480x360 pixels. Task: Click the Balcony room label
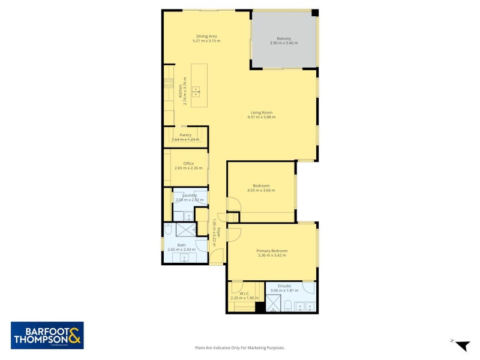pyautogui.click(x=284, y=37)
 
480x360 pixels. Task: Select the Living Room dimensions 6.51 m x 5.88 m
pyautogui.click(x=261, y=118)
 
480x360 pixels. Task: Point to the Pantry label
pyautogui.click(x=185, y=135)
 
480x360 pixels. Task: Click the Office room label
pyautogui.click(x=188, y=163)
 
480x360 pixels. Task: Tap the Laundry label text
pyautogui.click(x=190, y=195)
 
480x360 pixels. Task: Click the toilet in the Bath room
pyautogui.click(x=168, y=230)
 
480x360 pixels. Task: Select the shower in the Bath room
pyautogui.click(x=187, y=230)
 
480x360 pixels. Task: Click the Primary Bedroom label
pyautogui.click(x=272, y=250)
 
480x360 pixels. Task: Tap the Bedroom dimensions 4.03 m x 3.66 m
pyautogui.click(x=261, y=191)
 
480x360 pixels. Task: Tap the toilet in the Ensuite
pyautogui.click(x=289, y=306)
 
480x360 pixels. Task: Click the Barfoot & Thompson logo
pyautogui.click(x=47, y=335)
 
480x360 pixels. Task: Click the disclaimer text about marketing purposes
pyautogui.click(x=239, y=347)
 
